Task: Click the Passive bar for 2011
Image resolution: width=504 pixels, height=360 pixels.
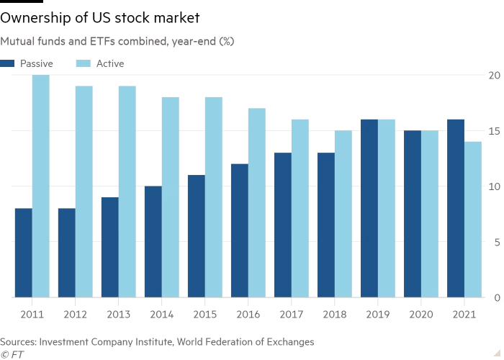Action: pyautogui.click(x=23, y=253)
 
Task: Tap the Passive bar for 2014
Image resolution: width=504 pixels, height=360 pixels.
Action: pyautogui.click(x=153, y=242)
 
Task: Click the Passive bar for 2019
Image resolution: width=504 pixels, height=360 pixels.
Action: pyautogui.click(x=369, y=208)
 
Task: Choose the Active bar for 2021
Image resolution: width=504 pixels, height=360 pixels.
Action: pyautogui.click(x=473, y=219)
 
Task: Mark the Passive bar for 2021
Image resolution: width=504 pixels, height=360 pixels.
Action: pyautogui.click(x=456, y=208)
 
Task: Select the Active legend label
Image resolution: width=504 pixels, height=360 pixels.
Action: pyautogui.click(x=110, y=63)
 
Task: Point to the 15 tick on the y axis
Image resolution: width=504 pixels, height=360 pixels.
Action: pyautogui.click(x=492, y=131)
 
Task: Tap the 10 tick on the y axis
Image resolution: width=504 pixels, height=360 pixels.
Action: pyautogui.click(x=492, y=186)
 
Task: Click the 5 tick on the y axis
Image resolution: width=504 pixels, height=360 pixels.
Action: pyautogui.click(x=495, y=242)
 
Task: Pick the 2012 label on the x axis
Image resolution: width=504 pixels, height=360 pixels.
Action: pyautogui.click(x=75, y=315)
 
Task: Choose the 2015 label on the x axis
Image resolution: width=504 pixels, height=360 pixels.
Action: pyautogui.click(x=205, y=315)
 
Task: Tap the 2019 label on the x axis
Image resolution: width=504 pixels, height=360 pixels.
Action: pyautogui.click(x=378, y=315)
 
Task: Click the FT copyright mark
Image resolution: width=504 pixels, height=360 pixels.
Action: pyautogui.click(x=9, y=354)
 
